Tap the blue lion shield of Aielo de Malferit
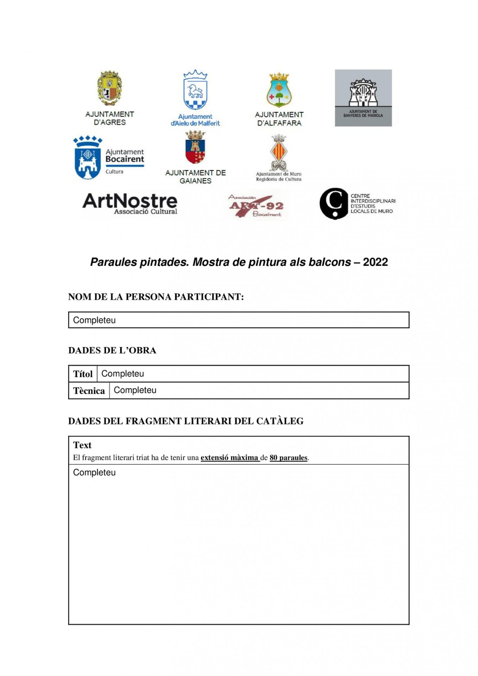click(195, 91)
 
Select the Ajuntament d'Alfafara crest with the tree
click(279, 90)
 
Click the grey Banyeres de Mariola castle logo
click(363, 98)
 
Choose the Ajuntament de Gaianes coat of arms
click(195, 148)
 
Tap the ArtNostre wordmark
click(130, 201)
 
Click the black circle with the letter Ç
click(334, 204)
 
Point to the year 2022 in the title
click(375, 262)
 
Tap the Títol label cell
click(83, 374)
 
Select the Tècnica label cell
click(89, 391)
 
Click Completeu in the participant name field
click(94, 320)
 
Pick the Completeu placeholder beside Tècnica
click(135, 390)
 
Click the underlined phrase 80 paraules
click(288, 458)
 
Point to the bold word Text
click(82, 445)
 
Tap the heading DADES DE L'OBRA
click(112, 350)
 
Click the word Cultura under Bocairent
click(114, 172)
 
